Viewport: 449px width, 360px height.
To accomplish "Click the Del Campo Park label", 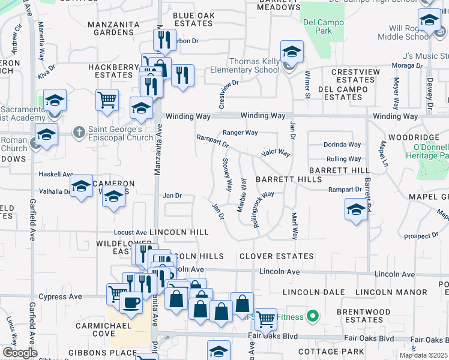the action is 318,26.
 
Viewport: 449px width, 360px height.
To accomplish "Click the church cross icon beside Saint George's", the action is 79,131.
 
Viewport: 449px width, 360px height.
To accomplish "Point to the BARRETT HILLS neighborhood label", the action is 280,179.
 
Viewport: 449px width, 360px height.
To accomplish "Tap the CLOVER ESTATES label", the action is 276,256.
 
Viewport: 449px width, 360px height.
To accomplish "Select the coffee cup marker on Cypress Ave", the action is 131,304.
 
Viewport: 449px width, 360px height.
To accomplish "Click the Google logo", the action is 20,353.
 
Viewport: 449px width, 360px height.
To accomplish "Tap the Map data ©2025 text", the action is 424,355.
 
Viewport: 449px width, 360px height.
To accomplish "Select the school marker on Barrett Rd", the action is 355,209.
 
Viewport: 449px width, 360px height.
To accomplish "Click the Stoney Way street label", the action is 228,174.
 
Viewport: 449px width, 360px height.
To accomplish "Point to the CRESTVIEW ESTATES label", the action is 355,76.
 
